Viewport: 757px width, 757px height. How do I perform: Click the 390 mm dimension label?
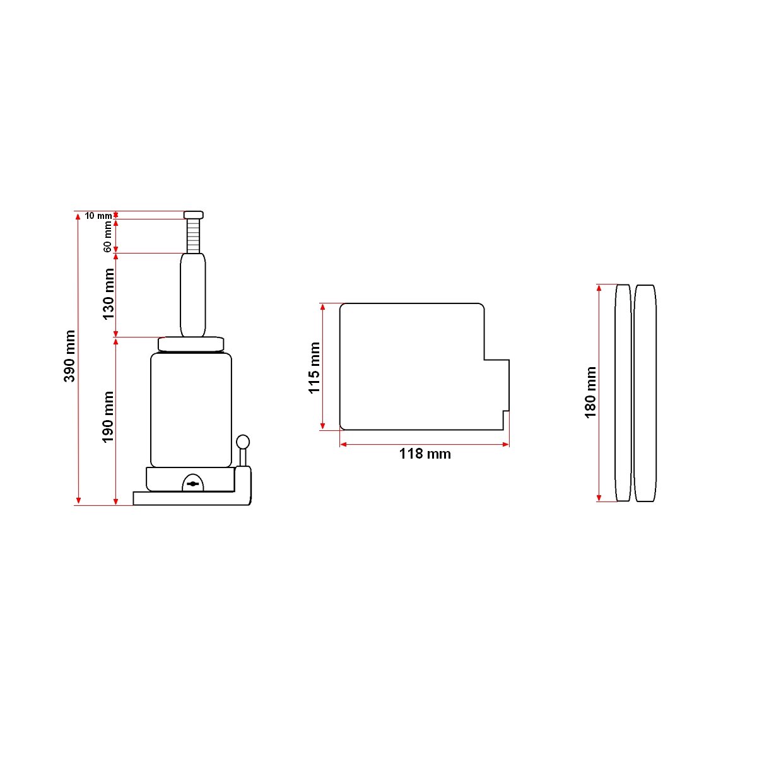click(x=69, y=356)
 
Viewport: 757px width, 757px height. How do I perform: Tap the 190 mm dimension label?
click(x=108, y=417)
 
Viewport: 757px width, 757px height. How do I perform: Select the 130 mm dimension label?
click(x=108, y=294)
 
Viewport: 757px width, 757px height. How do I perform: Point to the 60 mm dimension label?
click(x=108, y=237)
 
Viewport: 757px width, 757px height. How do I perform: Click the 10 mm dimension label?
click(x=98, y=216)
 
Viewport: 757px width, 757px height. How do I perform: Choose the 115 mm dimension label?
click(x=314, y=368)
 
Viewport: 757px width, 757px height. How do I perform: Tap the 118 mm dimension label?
click(x=425, y=454)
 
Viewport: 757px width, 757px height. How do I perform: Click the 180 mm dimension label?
click(x=590, y=392)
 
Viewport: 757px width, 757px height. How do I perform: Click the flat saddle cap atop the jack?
click(x=193, y=215)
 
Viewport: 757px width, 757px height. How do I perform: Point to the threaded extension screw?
click(x=193, y=236)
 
